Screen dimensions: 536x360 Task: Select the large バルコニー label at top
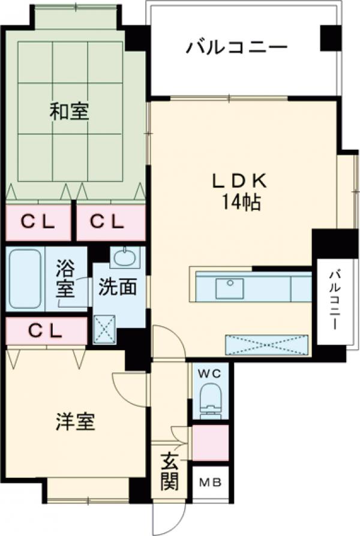pyautogui.click(x=236, y=47)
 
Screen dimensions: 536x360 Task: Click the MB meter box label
pyautogui.click(x=209, y=481)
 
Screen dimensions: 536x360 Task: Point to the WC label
pyautogui.click(x=210, y=373)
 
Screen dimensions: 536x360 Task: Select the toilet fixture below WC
pyautogui.click(x=210, y=399)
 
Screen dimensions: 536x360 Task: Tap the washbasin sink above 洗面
pyautogui.click(x=125, y=258)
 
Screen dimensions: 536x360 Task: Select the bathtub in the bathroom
pyautogui.click(x=25, y=279)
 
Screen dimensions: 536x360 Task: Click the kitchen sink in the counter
pyautogui.click(x=230, y=288)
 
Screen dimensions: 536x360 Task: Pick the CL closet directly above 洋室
pyautogui.click(x=46, y=330)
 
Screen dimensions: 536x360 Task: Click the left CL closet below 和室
pyautogui.click(x=37, y=222)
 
